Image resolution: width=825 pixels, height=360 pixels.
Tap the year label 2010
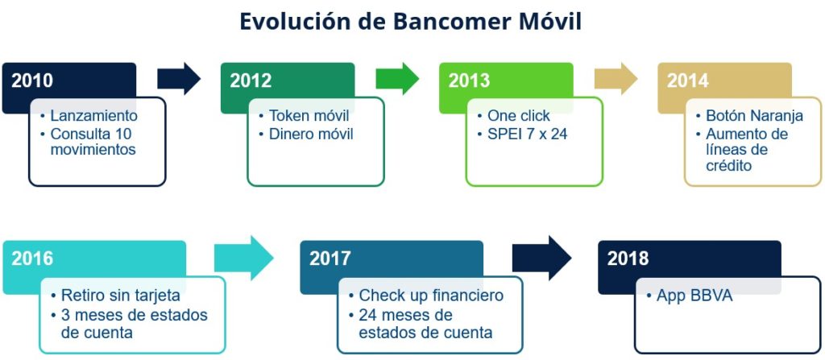click(32, 81)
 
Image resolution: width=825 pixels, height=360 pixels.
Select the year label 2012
click(251, 81)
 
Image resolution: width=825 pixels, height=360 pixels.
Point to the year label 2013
click(469, 81)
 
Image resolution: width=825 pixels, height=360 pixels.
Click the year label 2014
click(688, 81)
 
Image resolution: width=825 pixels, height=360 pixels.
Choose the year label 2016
click(32, 259)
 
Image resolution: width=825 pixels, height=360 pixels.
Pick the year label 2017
click(330, 259)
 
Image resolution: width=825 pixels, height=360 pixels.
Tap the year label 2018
click(628, 259)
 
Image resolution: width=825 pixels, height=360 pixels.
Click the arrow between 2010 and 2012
click(179, 79)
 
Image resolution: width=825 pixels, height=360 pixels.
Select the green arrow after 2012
click(397, 79)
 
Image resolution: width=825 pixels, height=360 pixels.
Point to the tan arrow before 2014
click(616, 79)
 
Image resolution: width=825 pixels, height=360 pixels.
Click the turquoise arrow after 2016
click(244, 258)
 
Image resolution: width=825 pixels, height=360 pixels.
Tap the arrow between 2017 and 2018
click(542, 258)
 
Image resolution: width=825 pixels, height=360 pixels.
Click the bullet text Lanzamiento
click(93, 116)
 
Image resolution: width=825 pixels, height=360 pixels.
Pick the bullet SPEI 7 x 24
click(527, 134)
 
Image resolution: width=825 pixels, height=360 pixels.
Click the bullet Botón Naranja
click(754, 116)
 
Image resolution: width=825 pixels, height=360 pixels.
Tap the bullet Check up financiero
click(432, 296)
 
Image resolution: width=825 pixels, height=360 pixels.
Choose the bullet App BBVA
click(694, 296)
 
